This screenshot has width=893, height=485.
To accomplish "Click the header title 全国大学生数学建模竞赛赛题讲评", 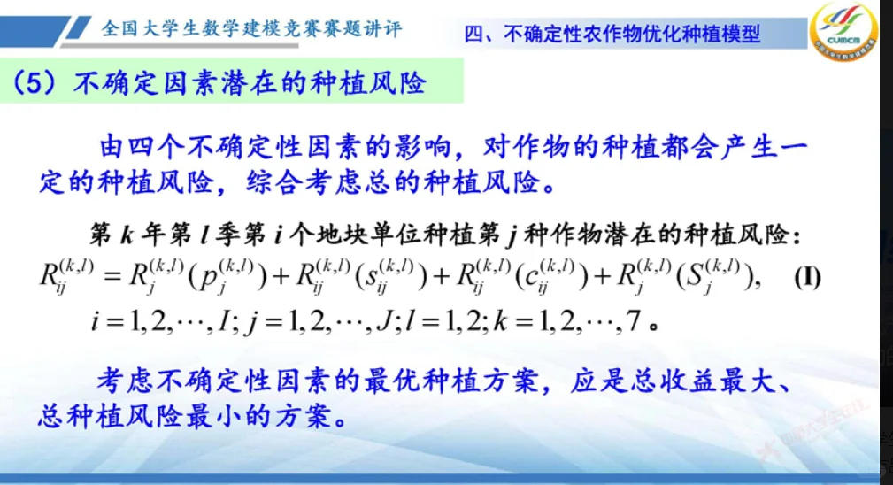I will (x=252, y=28).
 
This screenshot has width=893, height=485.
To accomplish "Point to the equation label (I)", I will (x=806, y=278).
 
